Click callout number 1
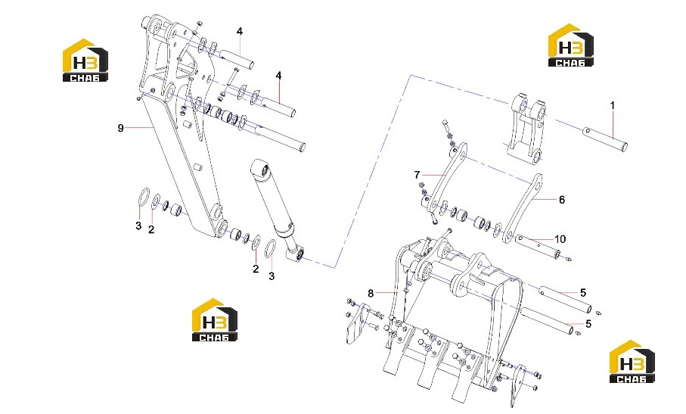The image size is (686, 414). coord(613,105)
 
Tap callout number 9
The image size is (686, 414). coord(121,128)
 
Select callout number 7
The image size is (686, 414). coord(417,175)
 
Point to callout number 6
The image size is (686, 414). coord(562,200)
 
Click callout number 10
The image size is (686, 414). coord(560,239)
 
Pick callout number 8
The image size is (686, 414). coord(371,293)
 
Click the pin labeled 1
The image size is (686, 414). coord(606,139)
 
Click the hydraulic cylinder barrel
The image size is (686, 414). coord(272,197)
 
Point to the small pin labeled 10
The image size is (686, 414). coord(538,247)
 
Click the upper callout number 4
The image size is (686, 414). coord(240,32)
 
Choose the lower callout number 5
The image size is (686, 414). coord(588,324)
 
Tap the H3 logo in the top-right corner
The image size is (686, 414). coord(571,45)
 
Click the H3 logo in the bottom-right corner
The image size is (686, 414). coord(632,362)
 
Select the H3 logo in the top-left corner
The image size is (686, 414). coord(85,60)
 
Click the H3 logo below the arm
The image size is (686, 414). coord(215,320)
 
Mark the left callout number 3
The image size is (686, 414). coord(138,226)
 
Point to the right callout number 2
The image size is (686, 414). coord(256,269)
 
